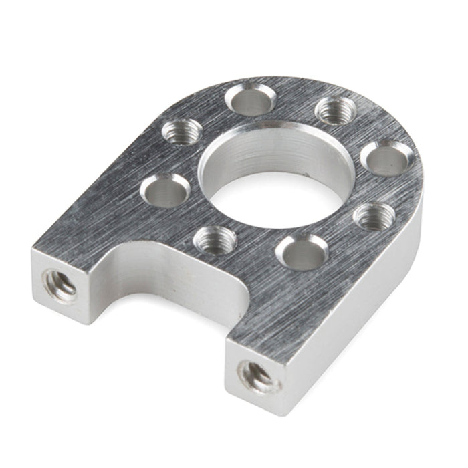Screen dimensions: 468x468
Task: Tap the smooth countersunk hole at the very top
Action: [x=250, y=100]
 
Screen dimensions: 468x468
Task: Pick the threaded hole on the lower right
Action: [x=374, y=217]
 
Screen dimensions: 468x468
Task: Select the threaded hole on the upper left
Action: [x=179, y=131]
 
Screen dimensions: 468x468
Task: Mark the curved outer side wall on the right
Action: [x=394, y=267]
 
